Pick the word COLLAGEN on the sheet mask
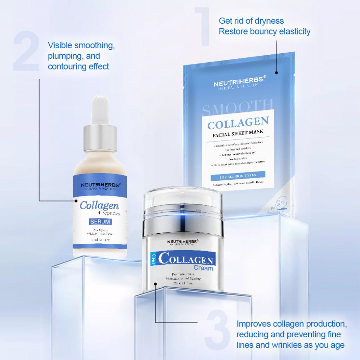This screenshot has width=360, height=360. pos(238,123)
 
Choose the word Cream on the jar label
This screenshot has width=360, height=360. pos(203,268)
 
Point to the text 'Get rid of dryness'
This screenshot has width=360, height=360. pos(251,21)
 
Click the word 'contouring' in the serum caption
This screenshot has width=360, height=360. pos(67,67)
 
